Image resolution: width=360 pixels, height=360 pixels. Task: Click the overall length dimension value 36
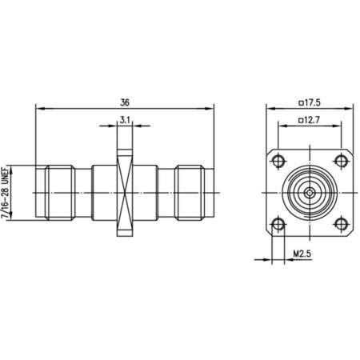pyautogui.click(x=125, y=102)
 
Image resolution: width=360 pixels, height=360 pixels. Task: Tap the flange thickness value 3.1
pyautogui.click(x=125, y=120)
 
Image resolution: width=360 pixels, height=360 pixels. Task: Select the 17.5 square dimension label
pyautogui.click(x=310, y=102)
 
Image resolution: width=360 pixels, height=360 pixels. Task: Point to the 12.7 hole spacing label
pyautogui.click(x=310, y=120)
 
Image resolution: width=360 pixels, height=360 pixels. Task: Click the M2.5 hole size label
pyautogui.click(x=302, y=254)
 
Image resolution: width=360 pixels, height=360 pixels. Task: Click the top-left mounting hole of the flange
pyautogui.click(x=278, y=161)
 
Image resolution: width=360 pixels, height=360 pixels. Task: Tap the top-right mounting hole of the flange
pyautogui.click(x=341, y=161)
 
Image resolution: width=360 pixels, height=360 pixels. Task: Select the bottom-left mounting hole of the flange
pyautogui.click(x=278, y=224)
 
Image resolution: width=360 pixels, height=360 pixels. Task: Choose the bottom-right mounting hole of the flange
pyautogui.click(x=341, y=224)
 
